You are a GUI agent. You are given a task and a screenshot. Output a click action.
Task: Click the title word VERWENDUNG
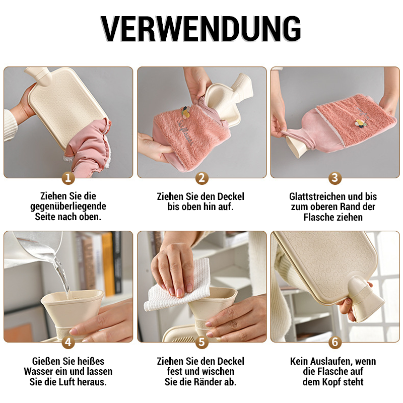pos(200,29)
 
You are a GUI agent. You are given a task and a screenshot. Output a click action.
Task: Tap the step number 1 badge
pos(68,178)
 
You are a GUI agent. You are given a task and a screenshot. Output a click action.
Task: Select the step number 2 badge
pos(201,178)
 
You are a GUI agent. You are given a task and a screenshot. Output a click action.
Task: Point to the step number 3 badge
pos(335,178)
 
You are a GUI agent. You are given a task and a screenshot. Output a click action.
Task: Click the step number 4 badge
pos(68,342)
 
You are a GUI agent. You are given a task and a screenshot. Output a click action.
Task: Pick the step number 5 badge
pos(201,342)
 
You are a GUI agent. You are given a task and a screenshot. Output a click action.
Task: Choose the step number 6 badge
pos(335,342)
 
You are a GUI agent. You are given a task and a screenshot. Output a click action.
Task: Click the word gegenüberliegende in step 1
pos(68,207)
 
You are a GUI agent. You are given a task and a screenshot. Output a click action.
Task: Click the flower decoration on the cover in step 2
pos(185,112)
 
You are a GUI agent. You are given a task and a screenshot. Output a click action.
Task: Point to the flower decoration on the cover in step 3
pos(359,124)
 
